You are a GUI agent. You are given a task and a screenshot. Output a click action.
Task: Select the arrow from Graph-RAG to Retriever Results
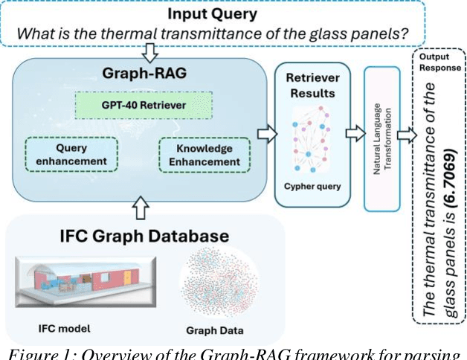tap(263, 135)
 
